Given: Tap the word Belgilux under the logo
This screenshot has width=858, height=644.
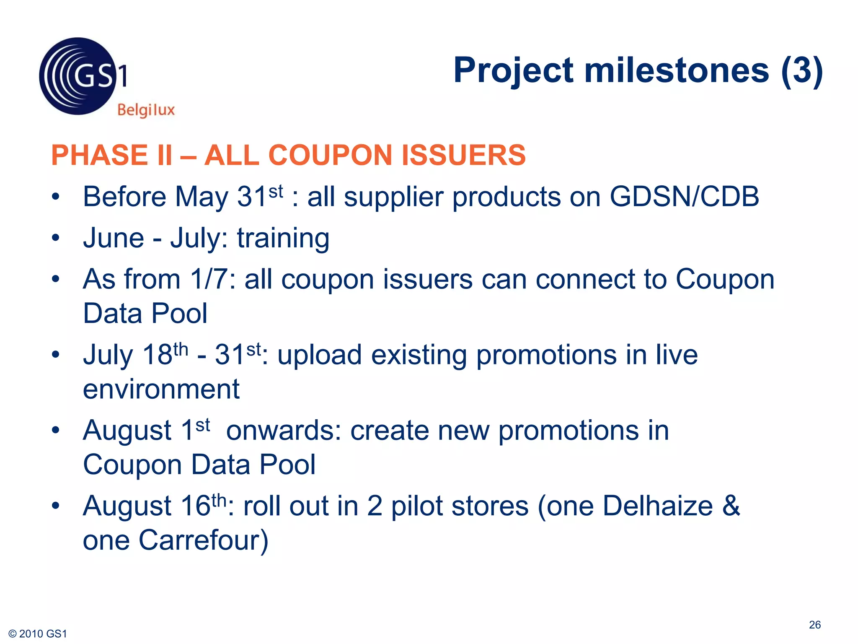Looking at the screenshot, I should point(146,110).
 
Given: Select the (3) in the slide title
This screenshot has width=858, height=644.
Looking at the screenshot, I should point(802,70).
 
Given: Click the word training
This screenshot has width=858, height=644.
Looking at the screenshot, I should point(283,238).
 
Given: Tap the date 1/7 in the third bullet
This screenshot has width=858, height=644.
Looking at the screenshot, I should point(209,279).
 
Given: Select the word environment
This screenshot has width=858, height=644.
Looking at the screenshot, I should point(161,389).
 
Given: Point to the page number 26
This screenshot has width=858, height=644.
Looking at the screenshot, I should point(814,625).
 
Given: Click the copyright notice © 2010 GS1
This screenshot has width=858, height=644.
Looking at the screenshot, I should point(38,634).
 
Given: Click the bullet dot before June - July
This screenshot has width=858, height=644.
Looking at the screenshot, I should point(56,238).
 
